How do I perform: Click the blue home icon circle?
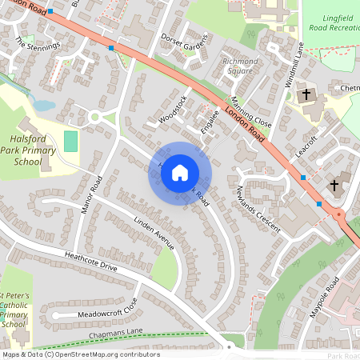180,172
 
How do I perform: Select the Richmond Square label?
241,66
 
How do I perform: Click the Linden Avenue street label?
154,233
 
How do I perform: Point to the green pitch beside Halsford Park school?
71,142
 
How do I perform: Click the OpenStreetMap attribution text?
81,354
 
